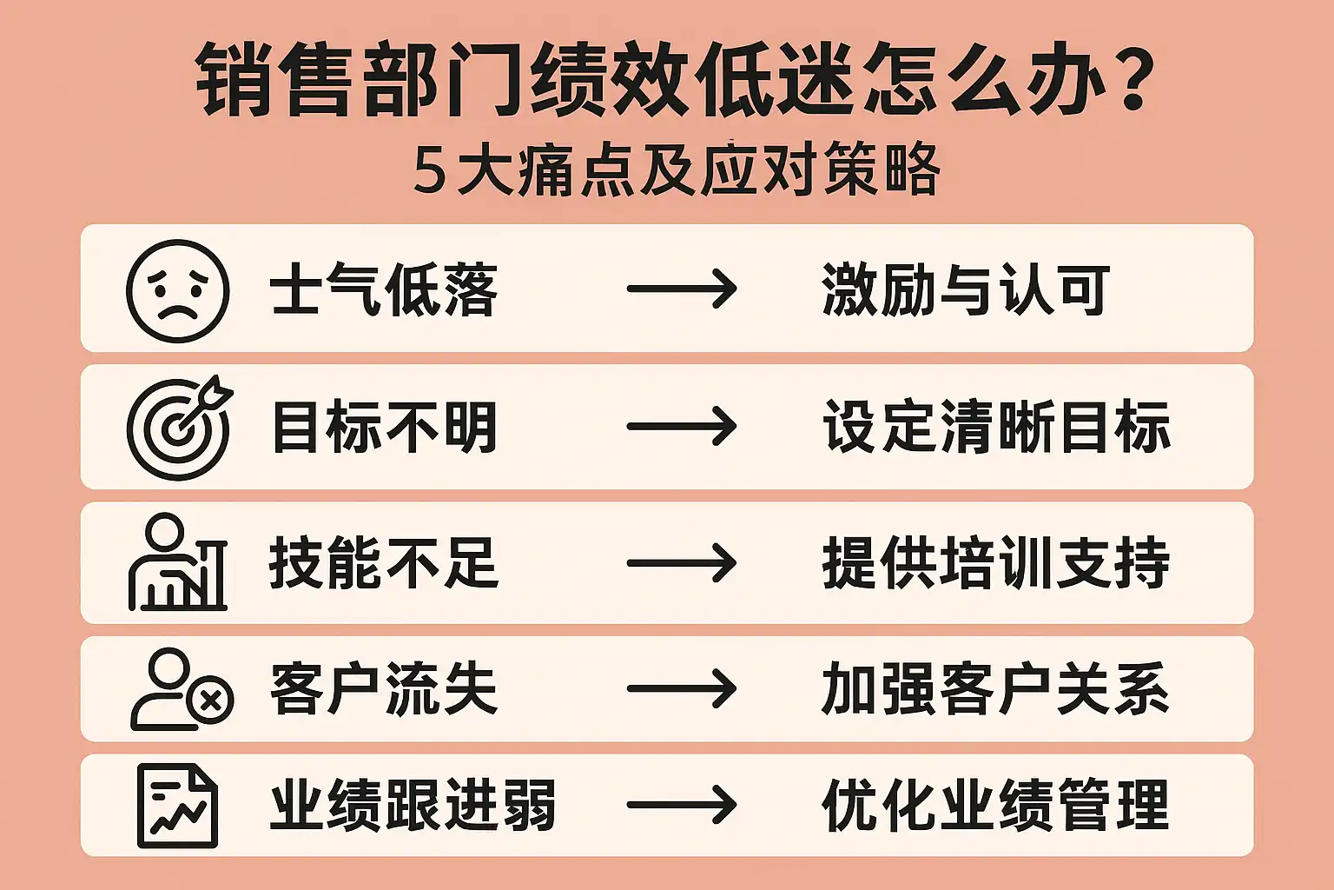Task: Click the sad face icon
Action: (x=178, y=291)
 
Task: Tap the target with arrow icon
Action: (x=180, y=428)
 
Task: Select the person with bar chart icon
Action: (x=178, y=562)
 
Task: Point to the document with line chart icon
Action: (x=178, y=806)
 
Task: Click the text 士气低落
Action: (x=383, y=290)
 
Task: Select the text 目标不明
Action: (x=385, y=427)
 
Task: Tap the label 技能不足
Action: (x=383, y=562)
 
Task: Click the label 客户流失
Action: (x=383, y=689)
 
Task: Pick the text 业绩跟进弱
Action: (x=413, y=806)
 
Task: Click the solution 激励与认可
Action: (x=966, y=290)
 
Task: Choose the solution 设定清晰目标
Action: (x=996, y=427)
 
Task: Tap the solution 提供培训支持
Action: (x=995, y=562)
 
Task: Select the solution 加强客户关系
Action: (x=995, y=689)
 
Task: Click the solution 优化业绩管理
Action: (x=995, y=806)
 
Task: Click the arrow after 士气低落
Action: (x=682, y=290)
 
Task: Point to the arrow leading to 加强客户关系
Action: (x=682, y=689)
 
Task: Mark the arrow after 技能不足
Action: (x=682, y=562)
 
